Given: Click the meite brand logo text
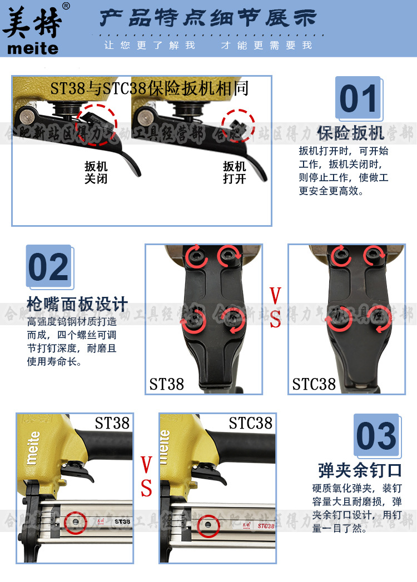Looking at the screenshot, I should (x=32, y=48).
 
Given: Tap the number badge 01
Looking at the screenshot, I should (x=358, y=99).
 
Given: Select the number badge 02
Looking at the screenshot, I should (x=49, y=267).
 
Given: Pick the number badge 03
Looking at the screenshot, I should (x=376, y=436).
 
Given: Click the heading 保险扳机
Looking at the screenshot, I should (x=350, y=133).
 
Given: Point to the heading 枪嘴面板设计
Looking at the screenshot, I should (x=77, y=304).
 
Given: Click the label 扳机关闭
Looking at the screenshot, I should (x=96, y=173).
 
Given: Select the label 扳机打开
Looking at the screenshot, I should (x=235, y=173).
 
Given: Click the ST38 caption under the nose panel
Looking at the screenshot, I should (x=166, y=384).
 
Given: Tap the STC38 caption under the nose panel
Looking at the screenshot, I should (x=314, y=384).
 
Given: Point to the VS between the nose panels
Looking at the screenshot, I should (x=275, y=308).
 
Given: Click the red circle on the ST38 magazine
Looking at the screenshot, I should (x=75, y=523).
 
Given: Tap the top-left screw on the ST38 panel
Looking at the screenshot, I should (x=197, y=256).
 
